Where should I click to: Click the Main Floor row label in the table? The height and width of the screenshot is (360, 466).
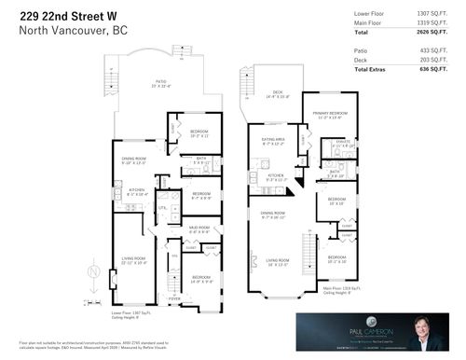[369, 22]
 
